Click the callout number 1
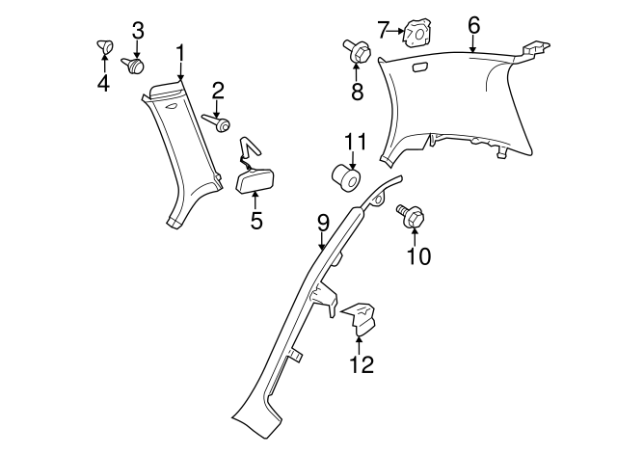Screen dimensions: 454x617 coord(179,52)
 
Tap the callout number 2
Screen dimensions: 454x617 coord(218,92)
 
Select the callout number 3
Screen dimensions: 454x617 coord(138,31)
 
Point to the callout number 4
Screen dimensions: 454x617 coord(103,83)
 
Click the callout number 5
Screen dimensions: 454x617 coord(255,221)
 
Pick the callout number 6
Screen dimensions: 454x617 coord(473,25)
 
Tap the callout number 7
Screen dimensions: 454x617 coord(383,30)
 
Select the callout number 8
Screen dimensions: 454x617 coord(356,93)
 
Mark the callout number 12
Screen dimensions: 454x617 coord(362,364)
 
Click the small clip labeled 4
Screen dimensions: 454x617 coord(103,44)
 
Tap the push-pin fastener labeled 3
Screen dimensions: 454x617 coord(135,66)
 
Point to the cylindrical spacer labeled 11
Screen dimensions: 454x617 coord(347,179)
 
